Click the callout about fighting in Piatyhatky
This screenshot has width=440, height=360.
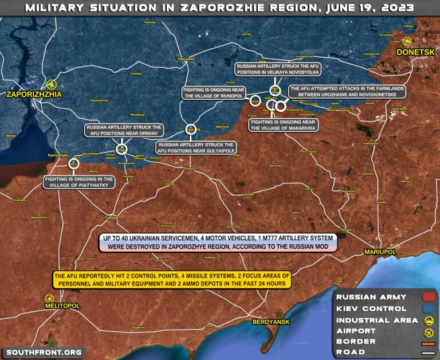(x=79, y=182)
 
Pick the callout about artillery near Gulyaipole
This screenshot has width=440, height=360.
(x=195, y=148)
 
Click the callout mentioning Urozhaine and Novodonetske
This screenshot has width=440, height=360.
(x=347, y=92)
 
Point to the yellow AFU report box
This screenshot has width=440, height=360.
(x=172, y=280)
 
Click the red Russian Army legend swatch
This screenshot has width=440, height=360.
(x=428, y=297)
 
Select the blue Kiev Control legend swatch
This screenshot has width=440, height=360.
(x=428, y=308)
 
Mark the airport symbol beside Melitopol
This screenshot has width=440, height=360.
(x=49, y=298)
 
